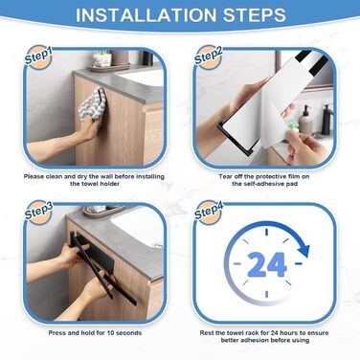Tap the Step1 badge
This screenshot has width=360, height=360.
(x=38, y=56)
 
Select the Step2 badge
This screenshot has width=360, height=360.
(x=208, y=56)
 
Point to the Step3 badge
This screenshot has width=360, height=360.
(x=38, y=212)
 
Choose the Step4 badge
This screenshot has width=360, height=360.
(x=208, y=212)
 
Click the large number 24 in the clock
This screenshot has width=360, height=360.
(x=267, y=264)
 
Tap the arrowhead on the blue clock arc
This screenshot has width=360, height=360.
(x=304, y=251)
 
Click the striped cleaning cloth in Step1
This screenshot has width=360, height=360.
(x=92, y=104)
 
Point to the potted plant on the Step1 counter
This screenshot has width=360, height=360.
(x=101, y=58)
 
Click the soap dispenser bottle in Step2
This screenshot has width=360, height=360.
(x=305, y=120)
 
